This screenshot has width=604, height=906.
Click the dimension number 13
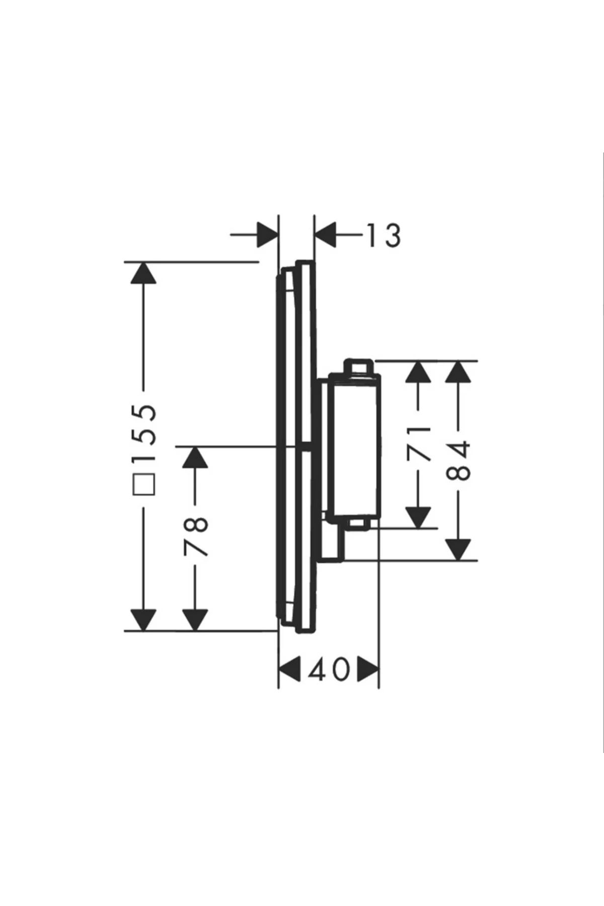[384, 235]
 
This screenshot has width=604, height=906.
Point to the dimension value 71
[419, 443]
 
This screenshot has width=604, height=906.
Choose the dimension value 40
[329, 670]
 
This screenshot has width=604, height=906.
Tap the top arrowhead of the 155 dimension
[143, 273]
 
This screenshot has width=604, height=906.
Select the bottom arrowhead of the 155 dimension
[143, 620]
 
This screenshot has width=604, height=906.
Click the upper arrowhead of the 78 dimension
[195, 457]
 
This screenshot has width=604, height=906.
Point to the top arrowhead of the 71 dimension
[419, 372]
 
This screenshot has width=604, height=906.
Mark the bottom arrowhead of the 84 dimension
[459, 549]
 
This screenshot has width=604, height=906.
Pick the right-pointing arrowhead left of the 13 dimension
[267, 235]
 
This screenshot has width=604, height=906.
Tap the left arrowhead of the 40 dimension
[290, 670]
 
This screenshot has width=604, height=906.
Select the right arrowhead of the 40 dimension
[368, 670]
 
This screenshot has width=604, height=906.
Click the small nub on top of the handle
[357, 366]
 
